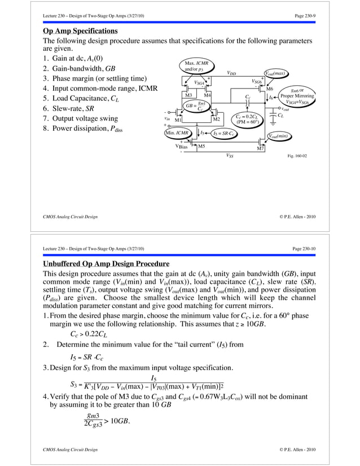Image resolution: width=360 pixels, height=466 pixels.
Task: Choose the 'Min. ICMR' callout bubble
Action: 179,133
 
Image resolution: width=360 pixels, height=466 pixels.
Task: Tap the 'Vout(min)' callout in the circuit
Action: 278,136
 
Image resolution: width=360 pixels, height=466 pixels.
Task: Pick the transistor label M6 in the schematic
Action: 270,89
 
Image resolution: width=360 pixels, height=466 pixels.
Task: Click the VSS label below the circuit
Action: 230,155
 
